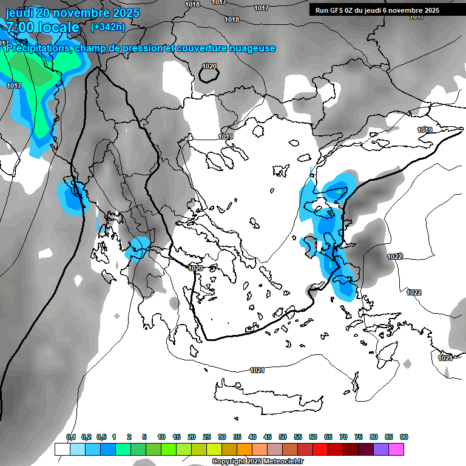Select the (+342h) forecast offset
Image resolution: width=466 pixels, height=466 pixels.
pos(109,27)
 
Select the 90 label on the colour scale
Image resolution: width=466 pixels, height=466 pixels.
pos(404,437)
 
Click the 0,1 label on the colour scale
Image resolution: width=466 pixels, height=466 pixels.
pos(70,437)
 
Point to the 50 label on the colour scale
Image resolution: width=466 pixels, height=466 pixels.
pos(283,437)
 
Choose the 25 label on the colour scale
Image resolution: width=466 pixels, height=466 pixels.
pos(207,437)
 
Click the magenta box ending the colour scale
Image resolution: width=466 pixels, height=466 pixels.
pos(396,449)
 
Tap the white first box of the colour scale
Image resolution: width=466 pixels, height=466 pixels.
pos(62,449)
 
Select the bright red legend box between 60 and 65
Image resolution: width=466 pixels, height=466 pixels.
pos(320,449)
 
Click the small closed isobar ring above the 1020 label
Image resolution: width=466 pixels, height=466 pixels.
pos(209,75)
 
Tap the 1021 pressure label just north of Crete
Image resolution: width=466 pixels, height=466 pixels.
pos(257,370)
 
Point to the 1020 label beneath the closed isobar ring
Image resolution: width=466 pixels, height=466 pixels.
pos(209,66)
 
